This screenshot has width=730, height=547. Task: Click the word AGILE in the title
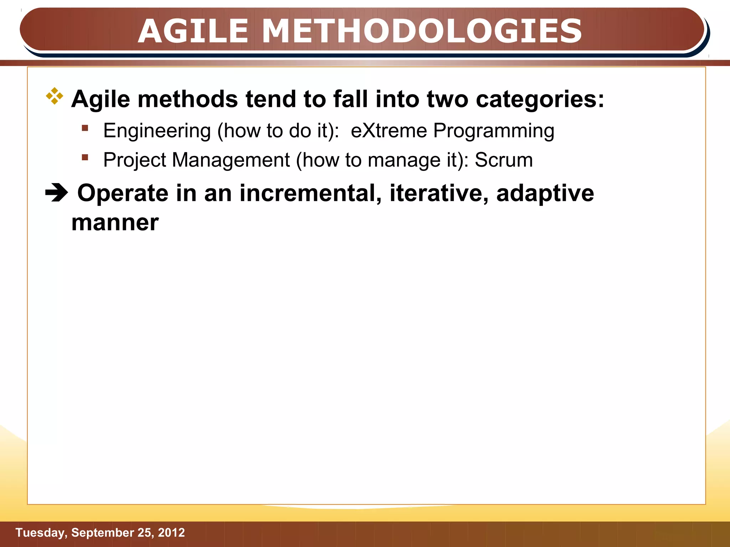(x=193, y=31)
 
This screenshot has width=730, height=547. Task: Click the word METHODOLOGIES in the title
(x=422, y=31)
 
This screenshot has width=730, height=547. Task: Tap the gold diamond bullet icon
(x=55, y=96)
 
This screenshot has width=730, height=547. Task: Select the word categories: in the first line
(x=540, y=99)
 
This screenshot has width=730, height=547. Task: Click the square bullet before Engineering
(x=85, y=128)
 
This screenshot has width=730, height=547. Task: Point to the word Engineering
(x=157, y=131)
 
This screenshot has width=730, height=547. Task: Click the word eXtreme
(x=389, y=131)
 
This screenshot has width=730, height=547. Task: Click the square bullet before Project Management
(x=85, y=157)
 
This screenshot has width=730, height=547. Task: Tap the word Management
(x=231, y=160)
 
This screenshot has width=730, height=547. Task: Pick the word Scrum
(x=504, y=160)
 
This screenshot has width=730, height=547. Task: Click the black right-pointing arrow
(x=56, y=193)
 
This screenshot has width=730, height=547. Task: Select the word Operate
(x=123, y=193)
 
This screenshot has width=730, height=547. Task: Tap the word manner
(x=115, y=223)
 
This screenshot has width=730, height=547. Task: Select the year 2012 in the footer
(x=171, y=533)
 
